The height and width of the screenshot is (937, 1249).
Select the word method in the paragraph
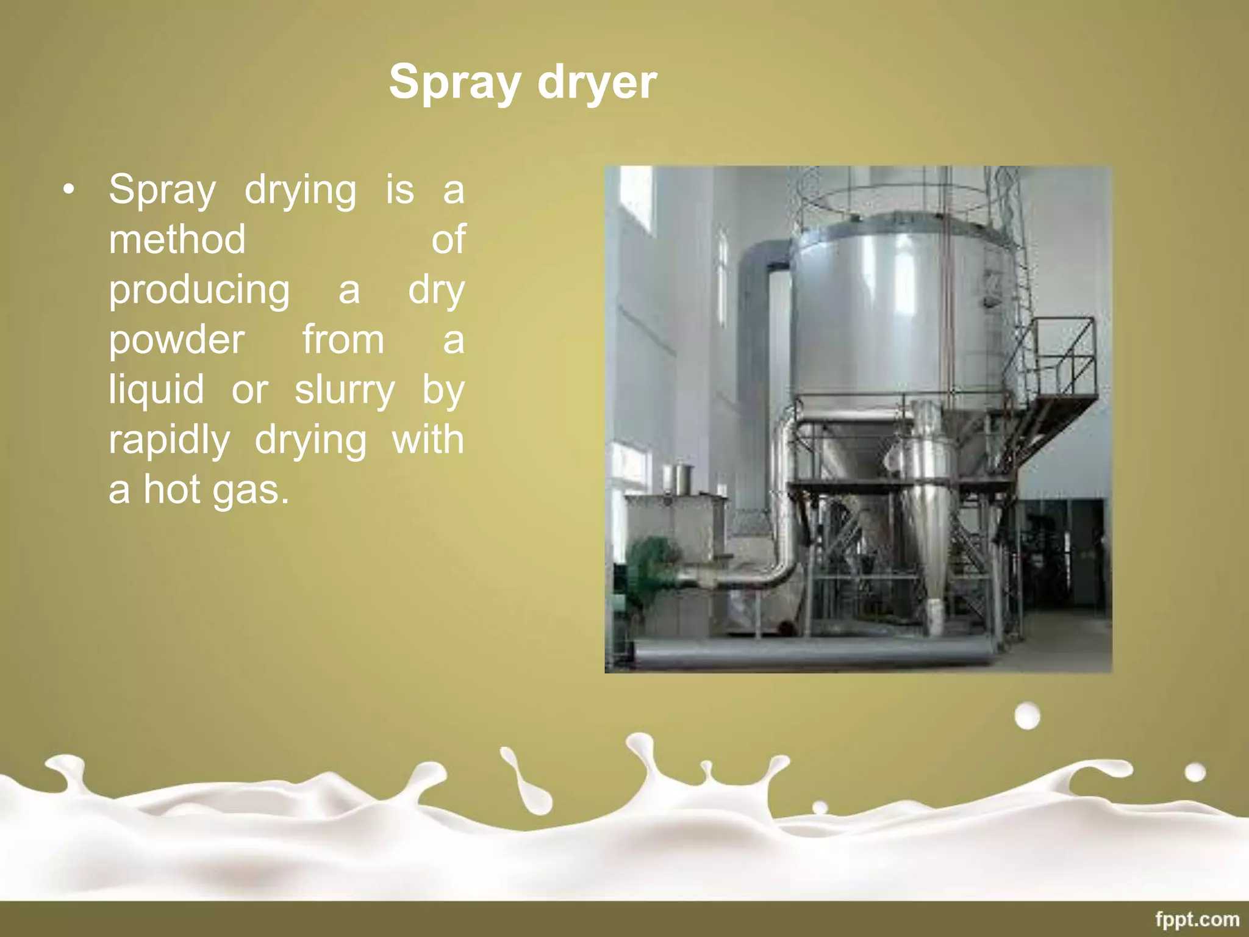click(177, 239)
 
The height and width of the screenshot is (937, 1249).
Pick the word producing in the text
click(199, 290)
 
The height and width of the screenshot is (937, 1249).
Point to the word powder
click(177, 340)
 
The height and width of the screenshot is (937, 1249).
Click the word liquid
click(156, 390)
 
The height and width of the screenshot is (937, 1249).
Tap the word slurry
click(345, 390)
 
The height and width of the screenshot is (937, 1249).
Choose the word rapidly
click(170, 440)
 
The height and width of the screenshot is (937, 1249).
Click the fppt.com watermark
click(1197, 919)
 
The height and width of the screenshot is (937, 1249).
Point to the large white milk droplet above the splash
click(1027, 716)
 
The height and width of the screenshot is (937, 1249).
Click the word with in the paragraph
click(428, 440)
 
